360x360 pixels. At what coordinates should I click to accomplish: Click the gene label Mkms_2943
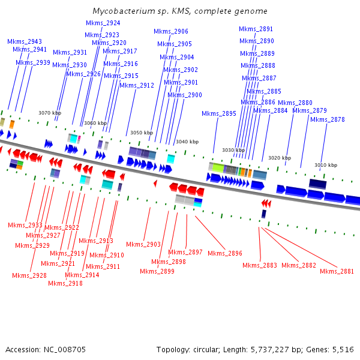(x=25, y=41)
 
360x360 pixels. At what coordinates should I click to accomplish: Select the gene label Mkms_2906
(x=171, y=31)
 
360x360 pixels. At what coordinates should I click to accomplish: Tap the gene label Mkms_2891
(x=256, y=29)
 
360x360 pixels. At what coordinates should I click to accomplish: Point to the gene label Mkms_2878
(x=328, y=119)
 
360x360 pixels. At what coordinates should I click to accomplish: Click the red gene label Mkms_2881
(x=337, y=271)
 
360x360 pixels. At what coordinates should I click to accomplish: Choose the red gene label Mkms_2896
(x=225, y=253)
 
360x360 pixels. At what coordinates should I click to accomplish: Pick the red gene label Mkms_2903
(x=143, y=244)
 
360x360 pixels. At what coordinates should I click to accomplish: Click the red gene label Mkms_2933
(x=25, y=225)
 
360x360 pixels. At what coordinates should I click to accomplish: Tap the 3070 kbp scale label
(x=50, y=113)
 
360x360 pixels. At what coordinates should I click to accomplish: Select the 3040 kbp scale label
(x=187, y=142)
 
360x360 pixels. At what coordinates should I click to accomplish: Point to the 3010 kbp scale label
(x=326, y=165)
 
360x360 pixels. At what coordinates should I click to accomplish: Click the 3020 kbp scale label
(x=280, y=158)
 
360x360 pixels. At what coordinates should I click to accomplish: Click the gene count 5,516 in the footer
(x=343, y=349)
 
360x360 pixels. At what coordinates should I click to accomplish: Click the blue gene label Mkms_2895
(x=219, y=113)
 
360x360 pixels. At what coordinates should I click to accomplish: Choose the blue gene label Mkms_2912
(x=137, y=85)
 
